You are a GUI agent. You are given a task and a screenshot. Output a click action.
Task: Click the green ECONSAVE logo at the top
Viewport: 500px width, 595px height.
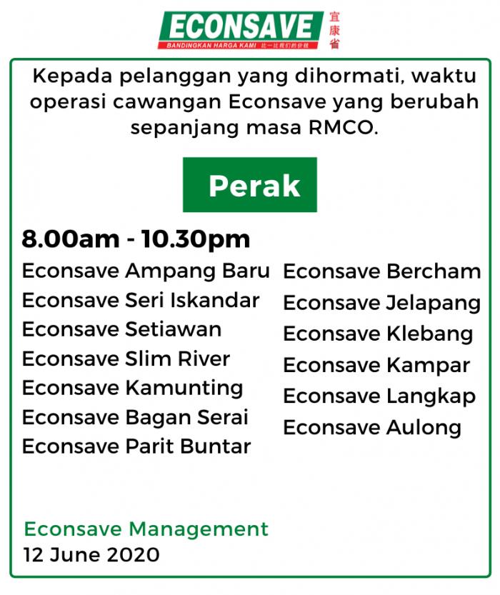[x=241, y=30]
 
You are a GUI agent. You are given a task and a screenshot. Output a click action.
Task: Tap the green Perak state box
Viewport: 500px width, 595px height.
[x=249, y=184]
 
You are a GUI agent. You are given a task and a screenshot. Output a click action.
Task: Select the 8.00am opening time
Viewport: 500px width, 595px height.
[x=71, y=239]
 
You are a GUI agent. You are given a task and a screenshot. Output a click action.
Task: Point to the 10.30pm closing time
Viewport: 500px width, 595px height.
[x=196, y=240]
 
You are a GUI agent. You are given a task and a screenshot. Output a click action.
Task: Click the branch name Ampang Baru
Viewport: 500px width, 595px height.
[x=198, y=271]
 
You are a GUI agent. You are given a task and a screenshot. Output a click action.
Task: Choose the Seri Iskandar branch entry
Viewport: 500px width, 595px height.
[x=141, y=301]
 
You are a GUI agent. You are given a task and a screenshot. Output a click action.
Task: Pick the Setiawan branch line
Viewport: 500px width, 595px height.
[x=121, y=329]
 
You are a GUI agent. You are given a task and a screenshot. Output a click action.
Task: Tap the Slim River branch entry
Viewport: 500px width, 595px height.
[x=126, y=359]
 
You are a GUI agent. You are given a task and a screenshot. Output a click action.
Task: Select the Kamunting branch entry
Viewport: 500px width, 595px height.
[x=132, y=389]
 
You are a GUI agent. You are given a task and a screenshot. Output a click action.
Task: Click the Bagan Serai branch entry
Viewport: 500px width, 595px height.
[x=135, y=417]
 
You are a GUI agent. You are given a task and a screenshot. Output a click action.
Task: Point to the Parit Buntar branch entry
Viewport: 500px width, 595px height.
[x=136, y=446]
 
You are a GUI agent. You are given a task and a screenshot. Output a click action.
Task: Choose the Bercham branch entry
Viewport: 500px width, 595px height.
[x=382, y=271]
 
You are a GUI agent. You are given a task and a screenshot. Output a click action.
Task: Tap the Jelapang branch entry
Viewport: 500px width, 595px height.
[x=382, y=303]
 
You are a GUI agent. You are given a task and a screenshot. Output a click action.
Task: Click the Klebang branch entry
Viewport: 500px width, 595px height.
[x=379, y=334]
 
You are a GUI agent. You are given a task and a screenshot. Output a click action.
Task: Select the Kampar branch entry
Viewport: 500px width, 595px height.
[x=376, y=366]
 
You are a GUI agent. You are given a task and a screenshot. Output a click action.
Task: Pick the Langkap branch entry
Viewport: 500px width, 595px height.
[x=379, y=397]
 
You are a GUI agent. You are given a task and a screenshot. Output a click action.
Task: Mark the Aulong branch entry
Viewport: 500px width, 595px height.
[x=372, y=428]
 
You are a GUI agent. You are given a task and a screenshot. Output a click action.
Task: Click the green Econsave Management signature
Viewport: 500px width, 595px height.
[x=146, y=529]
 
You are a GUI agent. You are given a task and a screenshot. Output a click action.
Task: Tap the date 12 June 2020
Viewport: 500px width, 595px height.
[x=91, y=555]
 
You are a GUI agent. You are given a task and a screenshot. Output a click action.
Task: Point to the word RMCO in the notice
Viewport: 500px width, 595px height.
[x=344, y=128]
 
